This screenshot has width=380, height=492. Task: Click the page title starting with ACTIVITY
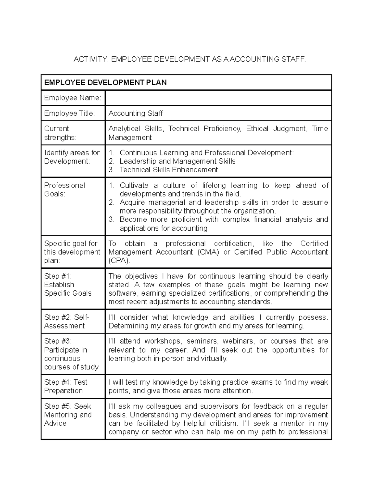click(190, 59)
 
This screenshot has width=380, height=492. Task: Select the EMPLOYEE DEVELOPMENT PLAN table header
click(105, 83)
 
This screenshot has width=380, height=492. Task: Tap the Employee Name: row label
click(73, 98)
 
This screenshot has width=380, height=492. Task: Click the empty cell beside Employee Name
click(218, 98)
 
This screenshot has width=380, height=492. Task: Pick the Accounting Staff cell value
click(136, 113)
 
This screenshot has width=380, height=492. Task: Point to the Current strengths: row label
click(60, 133)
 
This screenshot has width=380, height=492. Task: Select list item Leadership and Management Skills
click(177, 161)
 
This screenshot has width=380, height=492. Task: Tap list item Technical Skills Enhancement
click(168, 170)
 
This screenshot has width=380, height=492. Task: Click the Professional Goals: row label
click(65, 189)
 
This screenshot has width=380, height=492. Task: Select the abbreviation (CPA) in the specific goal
click(119, 261)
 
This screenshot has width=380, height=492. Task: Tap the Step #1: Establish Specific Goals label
click(67, 284)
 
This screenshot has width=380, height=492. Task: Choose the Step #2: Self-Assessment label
click(66, 322)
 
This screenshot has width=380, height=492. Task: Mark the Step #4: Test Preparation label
click(66, 387)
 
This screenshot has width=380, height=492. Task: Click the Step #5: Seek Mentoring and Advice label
click(68, 415)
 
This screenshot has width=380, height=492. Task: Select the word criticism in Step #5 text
click(223, 424)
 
